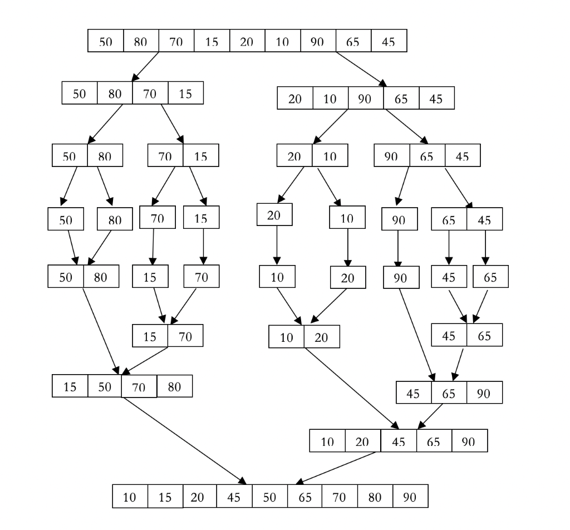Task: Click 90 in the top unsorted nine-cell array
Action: pos(318,42)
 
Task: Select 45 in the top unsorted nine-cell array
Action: pos(389,42)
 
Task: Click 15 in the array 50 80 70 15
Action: pos(185,94)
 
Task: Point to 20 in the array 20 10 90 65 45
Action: pos(295,99)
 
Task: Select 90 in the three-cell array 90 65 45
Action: pos(392,156)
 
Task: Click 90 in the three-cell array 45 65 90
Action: pos(484,393)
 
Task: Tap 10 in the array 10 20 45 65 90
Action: pos(327,442)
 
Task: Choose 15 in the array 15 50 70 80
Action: pos(70,386)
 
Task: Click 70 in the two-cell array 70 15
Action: pos(165,156)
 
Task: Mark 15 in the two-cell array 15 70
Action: pos(150,336)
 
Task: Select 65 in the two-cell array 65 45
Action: pos(449,220)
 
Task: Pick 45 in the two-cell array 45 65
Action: pos(449,336)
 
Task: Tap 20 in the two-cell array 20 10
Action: pos(294,156)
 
